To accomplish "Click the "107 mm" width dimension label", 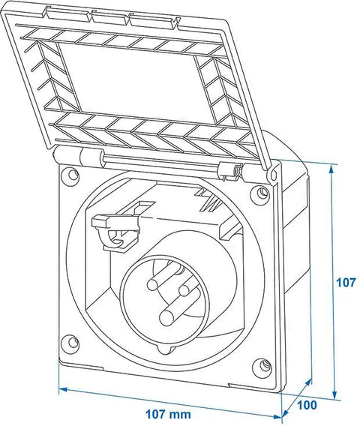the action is coord(169,414).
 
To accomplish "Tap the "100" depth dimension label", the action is coord(307,405).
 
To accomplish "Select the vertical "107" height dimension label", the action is coord(346,283).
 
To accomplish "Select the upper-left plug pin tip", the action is coord(153,284).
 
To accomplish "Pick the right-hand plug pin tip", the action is coord(184,290).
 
